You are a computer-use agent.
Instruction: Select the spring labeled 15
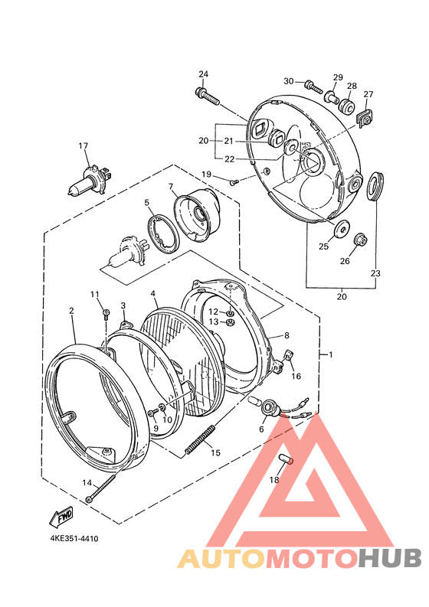[x=200, y=439]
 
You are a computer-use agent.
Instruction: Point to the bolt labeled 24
[x=208, y=96]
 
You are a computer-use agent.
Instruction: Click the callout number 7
[x=171, y=186]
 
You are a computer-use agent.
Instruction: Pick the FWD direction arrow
[x=61, y=517]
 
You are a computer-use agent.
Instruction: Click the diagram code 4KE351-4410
[x=74, y=538]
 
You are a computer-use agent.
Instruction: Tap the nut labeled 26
[x=360, y=240]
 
